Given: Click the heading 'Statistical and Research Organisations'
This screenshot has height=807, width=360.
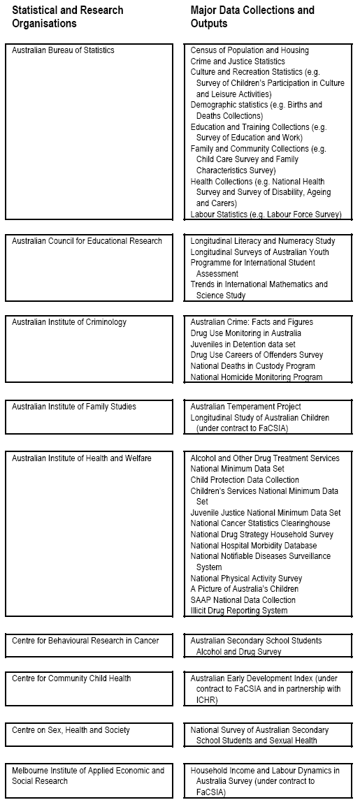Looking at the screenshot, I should click(x=67, y=17).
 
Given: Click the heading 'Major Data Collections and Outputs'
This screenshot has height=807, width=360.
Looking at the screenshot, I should click(x=252, y=17).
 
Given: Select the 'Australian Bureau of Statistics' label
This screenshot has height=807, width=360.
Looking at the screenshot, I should click(x=63, y=50).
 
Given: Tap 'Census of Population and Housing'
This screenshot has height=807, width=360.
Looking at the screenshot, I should click(x=250, y=50).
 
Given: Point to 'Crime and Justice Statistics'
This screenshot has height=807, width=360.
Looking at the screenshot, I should click(x=238, y=61).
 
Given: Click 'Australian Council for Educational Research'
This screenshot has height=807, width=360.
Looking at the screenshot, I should click(x=87, y=241).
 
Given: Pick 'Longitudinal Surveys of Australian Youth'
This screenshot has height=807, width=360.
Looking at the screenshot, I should click(x=259, y=252).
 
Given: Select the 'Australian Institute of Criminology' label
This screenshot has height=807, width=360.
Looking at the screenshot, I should click(x=73, y=323).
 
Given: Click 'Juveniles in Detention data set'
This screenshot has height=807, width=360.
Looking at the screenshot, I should click(x=243, y=344).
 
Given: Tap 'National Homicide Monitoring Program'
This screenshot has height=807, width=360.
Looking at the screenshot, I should click(x=257, y=377).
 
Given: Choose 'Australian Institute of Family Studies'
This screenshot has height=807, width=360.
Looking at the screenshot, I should click(x=74, y=407).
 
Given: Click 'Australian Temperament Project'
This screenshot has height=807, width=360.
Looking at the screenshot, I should click(x=245, y=407).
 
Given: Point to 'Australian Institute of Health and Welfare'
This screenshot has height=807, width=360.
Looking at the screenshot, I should click(x=81, y=458).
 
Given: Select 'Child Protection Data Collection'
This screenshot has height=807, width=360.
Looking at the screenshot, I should click(x=245, y=480).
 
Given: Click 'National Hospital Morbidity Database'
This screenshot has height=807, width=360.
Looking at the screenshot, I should click(x=254, y=546).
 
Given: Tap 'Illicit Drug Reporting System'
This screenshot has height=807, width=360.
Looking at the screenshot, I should click(x=239, y=611).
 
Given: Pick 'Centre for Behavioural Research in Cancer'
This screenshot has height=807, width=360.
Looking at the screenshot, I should click(x=85, y=641).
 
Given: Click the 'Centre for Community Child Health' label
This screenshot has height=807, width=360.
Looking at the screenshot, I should click(x=71, y=678).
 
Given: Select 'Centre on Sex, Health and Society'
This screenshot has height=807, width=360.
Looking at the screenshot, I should click(x=71, y=730).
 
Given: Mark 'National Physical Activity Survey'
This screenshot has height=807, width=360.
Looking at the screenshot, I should click(x=246, y=579).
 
